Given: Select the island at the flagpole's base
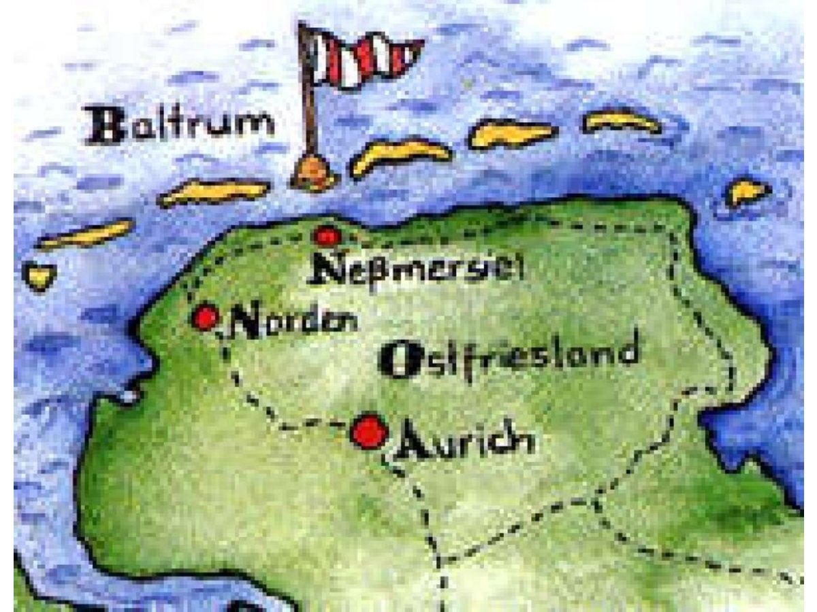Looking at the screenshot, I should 314,173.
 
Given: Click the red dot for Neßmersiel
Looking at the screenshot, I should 327,236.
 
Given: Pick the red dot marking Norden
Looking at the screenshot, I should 205,318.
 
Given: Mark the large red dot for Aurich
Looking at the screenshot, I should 370,431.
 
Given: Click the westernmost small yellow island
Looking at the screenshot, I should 39,276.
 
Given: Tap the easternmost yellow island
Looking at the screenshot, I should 747,192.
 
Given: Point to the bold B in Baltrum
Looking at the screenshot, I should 101,126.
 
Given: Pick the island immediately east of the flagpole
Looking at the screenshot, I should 401,155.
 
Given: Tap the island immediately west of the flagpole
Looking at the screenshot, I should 214,192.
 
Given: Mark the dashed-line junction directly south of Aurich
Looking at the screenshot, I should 443,562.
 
